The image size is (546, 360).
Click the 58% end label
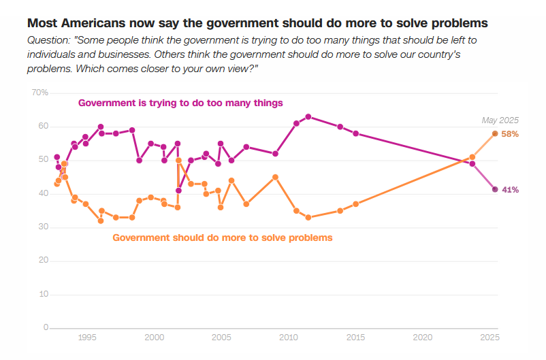pos(510,134)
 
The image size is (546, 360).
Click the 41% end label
pos(510,190)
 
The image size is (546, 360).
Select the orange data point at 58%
pos(495,133)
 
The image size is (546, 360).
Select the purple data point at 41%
pos(495,189)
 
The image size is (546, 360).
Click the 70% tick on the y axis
pos(39,92)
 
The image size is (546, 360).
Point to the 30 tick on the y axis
pos(42,227)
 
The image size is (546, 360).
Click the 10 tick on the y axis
pos(42,294)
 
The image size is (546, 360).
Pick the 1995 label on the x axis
pos(86,338)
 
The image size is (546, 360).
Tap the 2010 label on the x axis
pos(288,338)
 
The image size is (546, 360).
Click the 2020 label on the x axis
pos(422,338)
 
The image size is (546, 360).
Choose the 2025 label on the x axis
pos(489,338)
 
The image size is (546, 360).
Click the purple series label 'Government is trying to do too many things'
pos(180,103)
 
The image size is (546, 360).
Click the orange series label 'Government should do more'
pos(222,238)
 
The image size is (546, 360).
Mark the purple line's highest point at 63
pos(308,117)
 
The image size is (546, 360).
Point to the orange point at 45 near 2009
pos(275,177)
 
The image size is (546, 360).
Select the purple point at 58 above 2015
pos(355,133)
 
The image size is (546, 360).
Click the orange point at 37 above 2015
pos(355,204)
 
